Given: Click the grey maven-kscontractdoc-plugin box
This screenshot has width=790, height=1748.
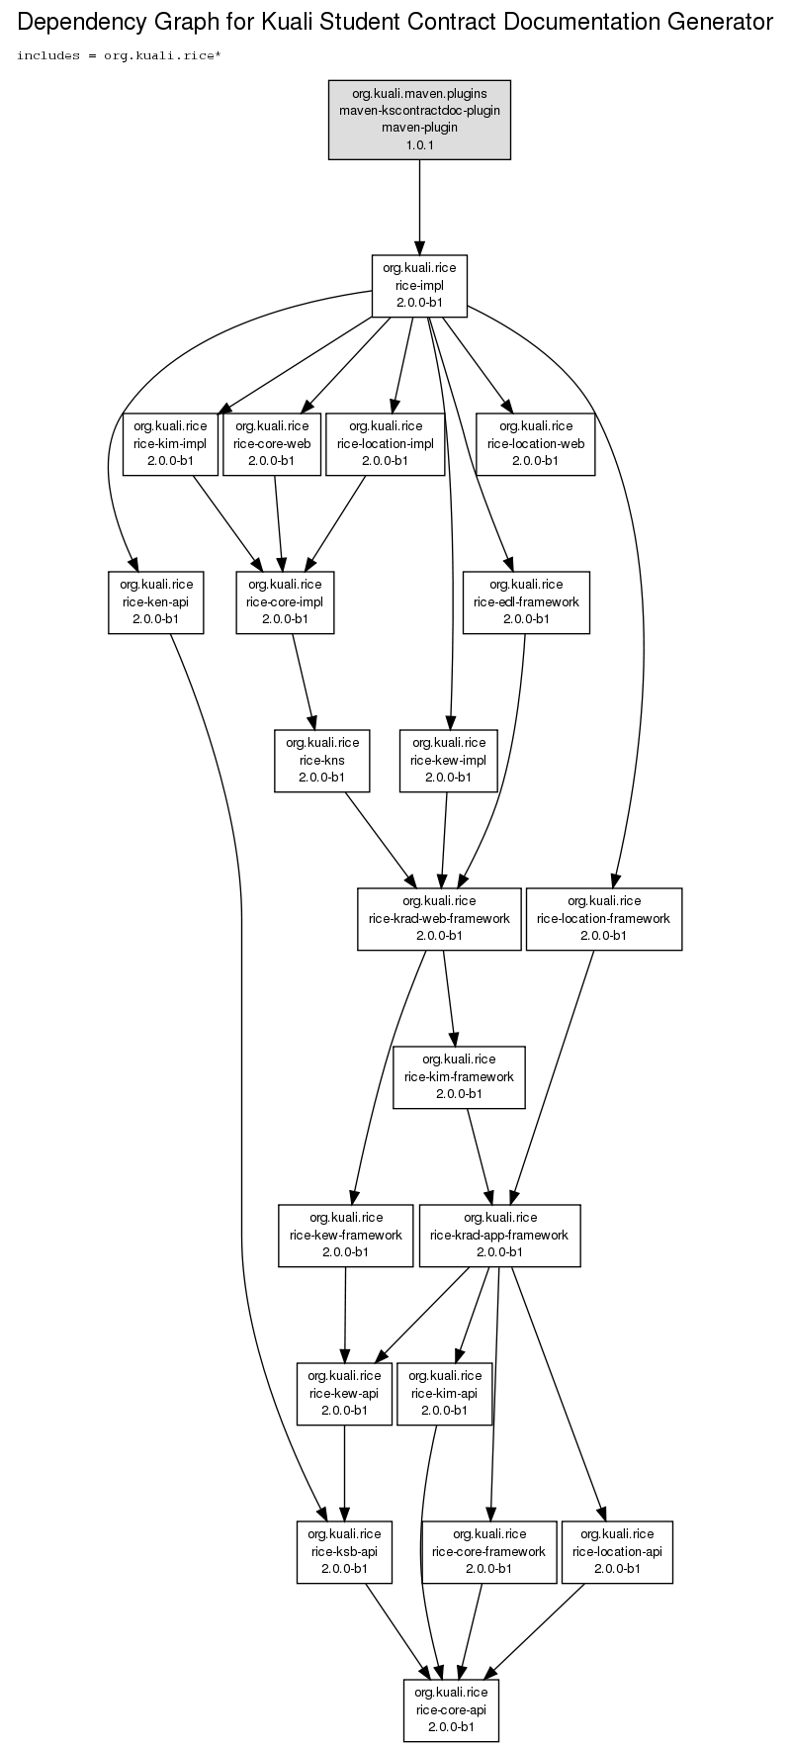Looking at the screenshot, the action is point(419,120).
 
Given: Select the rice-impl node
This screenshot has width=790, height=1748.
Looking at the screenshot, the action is point(419,286).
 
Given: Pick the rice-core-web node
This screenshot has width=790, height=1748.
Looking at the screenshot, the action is point(272,443).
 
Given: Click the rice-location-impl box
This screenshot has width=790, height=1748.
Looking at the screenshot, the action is point(385,443).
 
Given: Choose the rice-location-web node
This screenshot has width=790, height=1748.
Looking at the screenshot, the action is point(536,443).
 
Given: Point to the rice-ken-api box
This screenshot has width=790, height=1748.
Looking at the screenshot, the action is point(156,601).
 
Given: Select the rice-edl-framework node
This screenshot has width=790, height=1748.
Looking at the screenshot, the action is point(526,601).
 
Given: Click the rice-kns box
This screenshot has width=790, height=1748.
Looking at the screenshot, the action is point(322,760).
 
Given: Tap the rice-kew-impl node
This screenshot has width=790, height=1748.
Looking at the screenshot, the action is point(449,760).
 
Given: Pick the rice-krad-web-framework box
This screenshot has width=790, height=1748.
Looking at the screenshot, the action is point(439,918).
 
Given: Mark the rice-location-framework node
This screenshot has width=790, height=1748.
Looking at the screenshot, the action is point(604,918).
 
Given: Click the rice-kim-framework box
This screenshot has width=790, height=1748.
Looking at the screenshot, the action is point(459,1076).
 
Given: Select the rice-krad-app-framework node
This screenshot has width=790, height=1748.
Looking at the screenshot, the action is point(499,1235).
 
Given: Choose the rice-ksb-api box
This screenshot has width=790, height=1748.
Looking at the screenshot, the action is point(344,1551).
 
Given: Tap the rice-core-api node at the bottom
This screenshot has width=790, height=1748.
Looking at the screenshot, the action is point(451,1709).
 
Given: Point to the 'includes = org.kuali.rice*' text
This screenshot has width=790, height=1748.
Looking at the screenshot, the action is point(119,55).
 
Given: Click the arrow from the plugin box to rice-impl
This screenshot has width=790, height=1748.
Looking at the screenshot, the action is point(419,207).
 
